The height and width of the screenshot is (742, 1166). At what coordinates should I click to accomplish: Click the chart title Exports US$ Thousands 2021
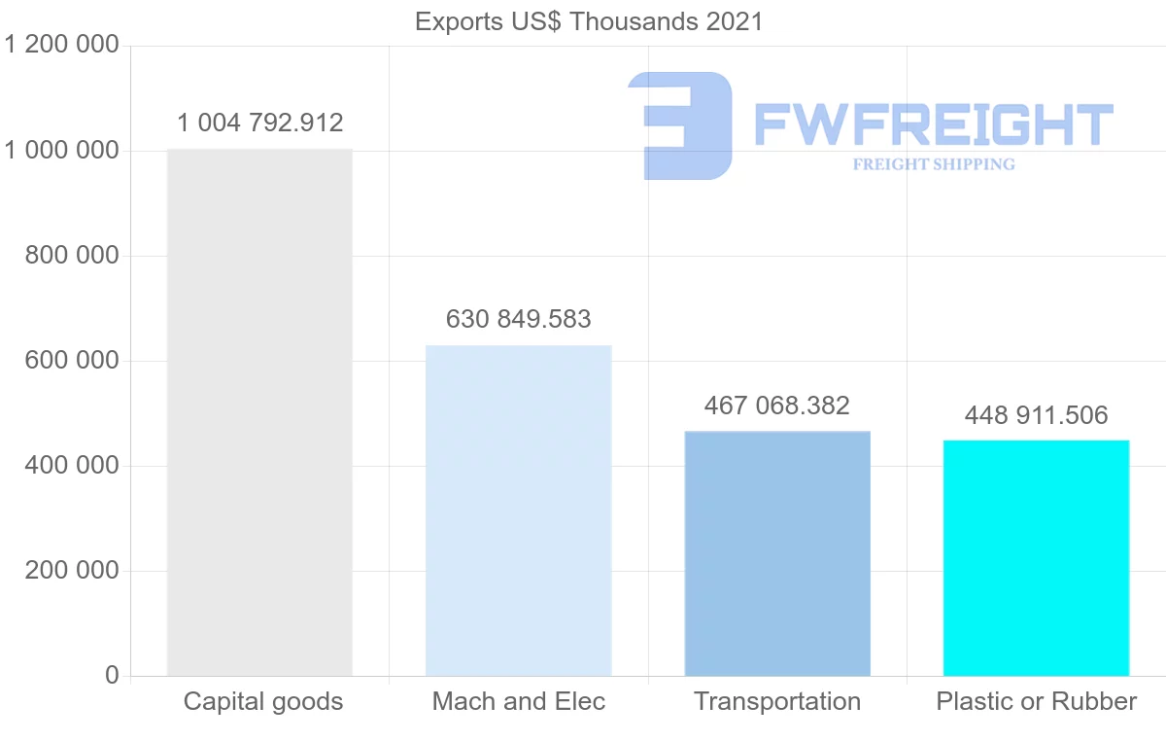pos(589,21)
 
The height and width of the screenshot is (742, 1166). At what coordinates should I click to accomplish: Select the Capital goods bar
pos(259,412)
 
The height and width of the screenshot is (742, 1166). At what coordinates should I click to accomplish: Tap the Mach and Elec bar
pos(519,511)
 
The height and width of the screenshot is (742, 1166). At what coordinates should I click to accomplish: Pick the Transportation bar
pos(777,553)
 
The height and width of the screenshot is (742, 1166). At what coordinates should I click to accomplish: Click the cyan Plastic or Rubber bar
pos(1036,558)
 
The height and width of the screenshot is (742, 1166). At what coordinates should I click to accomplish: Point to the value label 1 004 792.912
pos(259,124)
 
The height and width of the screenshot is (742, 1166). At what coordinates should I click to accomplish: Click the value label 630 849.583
pos(519,319)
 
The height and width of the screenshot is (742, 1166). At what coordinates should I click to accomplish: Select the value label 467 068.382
pos(777,405)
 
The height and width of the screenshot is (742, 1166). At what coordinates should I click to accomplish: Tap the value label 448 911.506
pos(1036,416)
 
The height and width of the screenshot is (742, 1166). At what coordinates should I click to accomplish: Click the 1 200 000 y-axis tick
pos(62,46)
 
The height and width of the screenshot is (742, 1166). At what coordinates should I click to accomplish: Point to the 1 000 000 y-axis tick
pos(62,151)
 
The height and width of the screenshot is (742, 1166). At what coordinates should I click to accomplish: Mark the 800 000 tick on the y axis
pos(72,256)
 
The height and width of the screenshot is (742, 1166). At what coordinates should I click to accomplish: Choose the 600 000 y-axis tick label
pos(72,361)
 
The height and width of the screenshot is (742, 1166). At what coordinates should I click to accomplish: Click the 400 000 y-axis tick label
pos(72,466)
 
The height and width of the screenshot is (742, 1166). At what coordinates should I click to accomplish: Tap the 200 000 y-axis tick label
pos(72,571)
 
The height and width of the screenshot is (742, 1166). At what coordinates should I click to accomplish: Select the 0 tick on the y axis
pos(111,676)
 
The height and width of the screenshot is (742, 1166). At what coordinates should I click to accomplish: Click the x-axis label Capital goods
pos(263,701)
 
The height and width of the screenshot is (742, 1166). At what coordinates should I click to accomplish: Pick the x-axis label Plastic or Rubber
pos(1036,701)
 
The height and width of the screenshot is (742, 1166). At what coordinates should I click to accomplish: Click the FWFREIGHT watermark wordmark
pos(933,124)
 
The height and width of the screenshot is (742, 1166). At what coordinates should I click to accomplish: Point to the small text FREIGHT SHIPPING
pos(934,164)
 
